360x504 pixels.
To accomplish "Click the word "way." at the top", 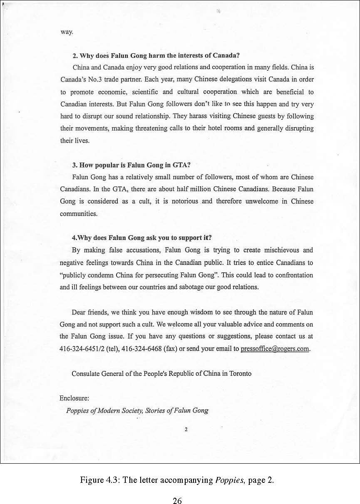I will pyautogui.click(x=67, y=32).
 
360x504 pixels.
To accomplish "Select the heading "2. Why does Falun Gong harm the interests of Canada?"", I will pyautogui.click(x=156, y=55).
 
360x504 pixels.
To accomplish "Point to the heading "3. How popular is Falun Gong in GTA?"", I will pyautogui.click(x=131, y=165).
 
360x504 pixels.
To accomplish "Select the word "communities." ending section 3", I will pyautogui.click(x=79, y=214).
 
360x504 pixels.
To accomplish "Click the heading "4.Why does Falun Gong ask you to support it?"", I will pyautogui.click(x=142, y=238).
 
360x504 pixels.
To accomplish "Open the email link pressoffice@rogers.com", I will pyautogui.click(x=275, y=349).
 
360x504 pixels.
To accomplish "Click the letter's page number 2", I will pyautogui.click(x=186, y=430).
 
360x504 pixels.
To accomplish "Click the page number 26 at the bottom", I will pyautogui.click(x=177, y=500).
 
